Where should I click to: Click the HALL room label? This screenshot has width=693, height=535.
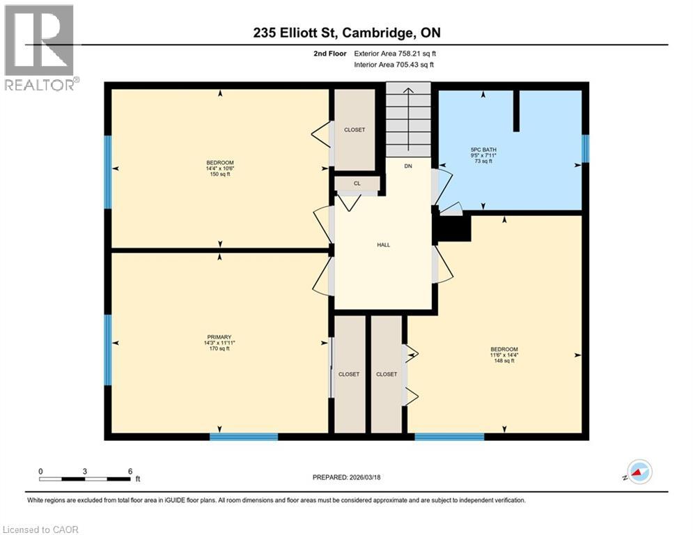coord(383,245)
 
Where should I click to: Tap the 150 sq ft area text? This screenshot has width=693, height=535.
coord(219,174)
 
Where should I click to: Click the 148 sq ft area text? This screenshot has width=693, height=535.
coord(504,361)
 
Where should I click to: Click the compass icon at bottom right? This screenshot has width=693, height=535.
coord(639,472)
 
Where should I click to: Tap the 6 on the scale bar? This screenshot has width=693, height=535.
coord(130,471)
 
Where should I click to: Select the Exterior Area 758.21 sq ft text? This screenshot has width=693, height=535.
coord(395,53)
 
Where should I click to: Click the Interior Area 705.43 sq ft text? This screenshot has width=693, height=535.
coord(395,65)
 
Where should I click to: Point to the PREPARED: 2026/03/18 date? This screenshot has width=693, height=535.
coord(346,477)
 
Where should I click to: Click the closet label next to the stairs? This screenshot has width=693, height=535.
coord(354,130)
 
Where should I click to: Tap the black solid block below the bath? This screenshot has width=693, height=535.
coord(453,228)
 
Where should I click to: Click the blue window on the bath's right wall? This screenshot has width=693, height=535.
coord(585,148)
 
